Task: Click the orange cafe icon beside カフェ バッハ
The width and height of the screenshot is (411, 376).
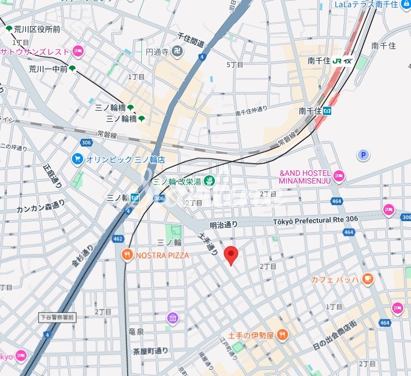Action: coord(368,279)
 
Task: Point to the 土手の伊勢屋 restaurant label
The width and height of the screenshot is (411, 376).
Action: coord(251,334)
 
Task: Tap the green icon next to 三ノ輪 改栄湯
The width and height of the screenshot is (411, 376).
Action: coord(209,181)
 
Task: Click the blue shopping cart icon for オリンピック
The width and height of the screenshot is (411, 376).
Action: coord(78,159)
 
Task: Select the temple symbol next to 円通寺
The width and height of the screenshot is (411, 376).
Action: coord(177,52)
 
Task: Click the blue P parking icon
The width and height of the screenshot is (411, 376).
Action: coord(363,155)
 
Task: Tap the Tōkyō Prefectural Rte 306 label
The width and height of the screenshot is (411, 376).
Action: coord(316,220)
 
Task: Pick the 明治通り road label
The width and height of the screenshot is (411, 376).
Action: coord(223,224)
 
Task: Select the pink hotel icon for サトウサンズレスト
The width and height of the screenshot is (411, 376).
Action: coord(78,51)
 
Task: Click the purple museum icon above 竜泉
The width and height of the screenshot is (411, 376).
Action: coord(172,318)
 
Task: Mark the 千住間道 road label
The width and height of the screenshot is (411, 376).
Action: coord(191,39)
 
